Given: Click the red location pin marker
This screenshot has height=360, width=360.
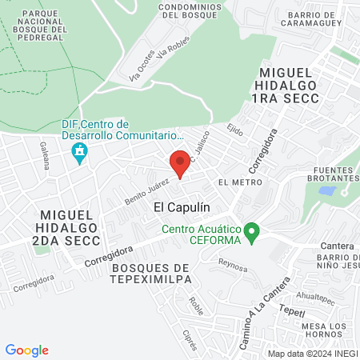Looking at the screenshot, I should click(180, 163).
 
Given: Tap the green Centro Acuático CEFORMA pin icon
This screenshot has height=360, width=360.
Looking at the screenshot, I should click(252, 234).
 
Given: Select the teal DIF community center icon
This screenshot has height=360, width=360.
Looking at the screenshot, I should click(79, 152).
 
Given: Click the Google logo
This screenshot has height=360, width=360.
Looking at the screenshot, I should click(26, 350).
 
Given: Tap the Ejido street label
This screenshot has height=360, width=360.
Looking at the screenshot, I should click(234, 128).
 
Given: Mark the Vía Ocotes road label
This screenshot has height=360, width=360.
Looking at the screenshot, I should click(140, 71).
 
